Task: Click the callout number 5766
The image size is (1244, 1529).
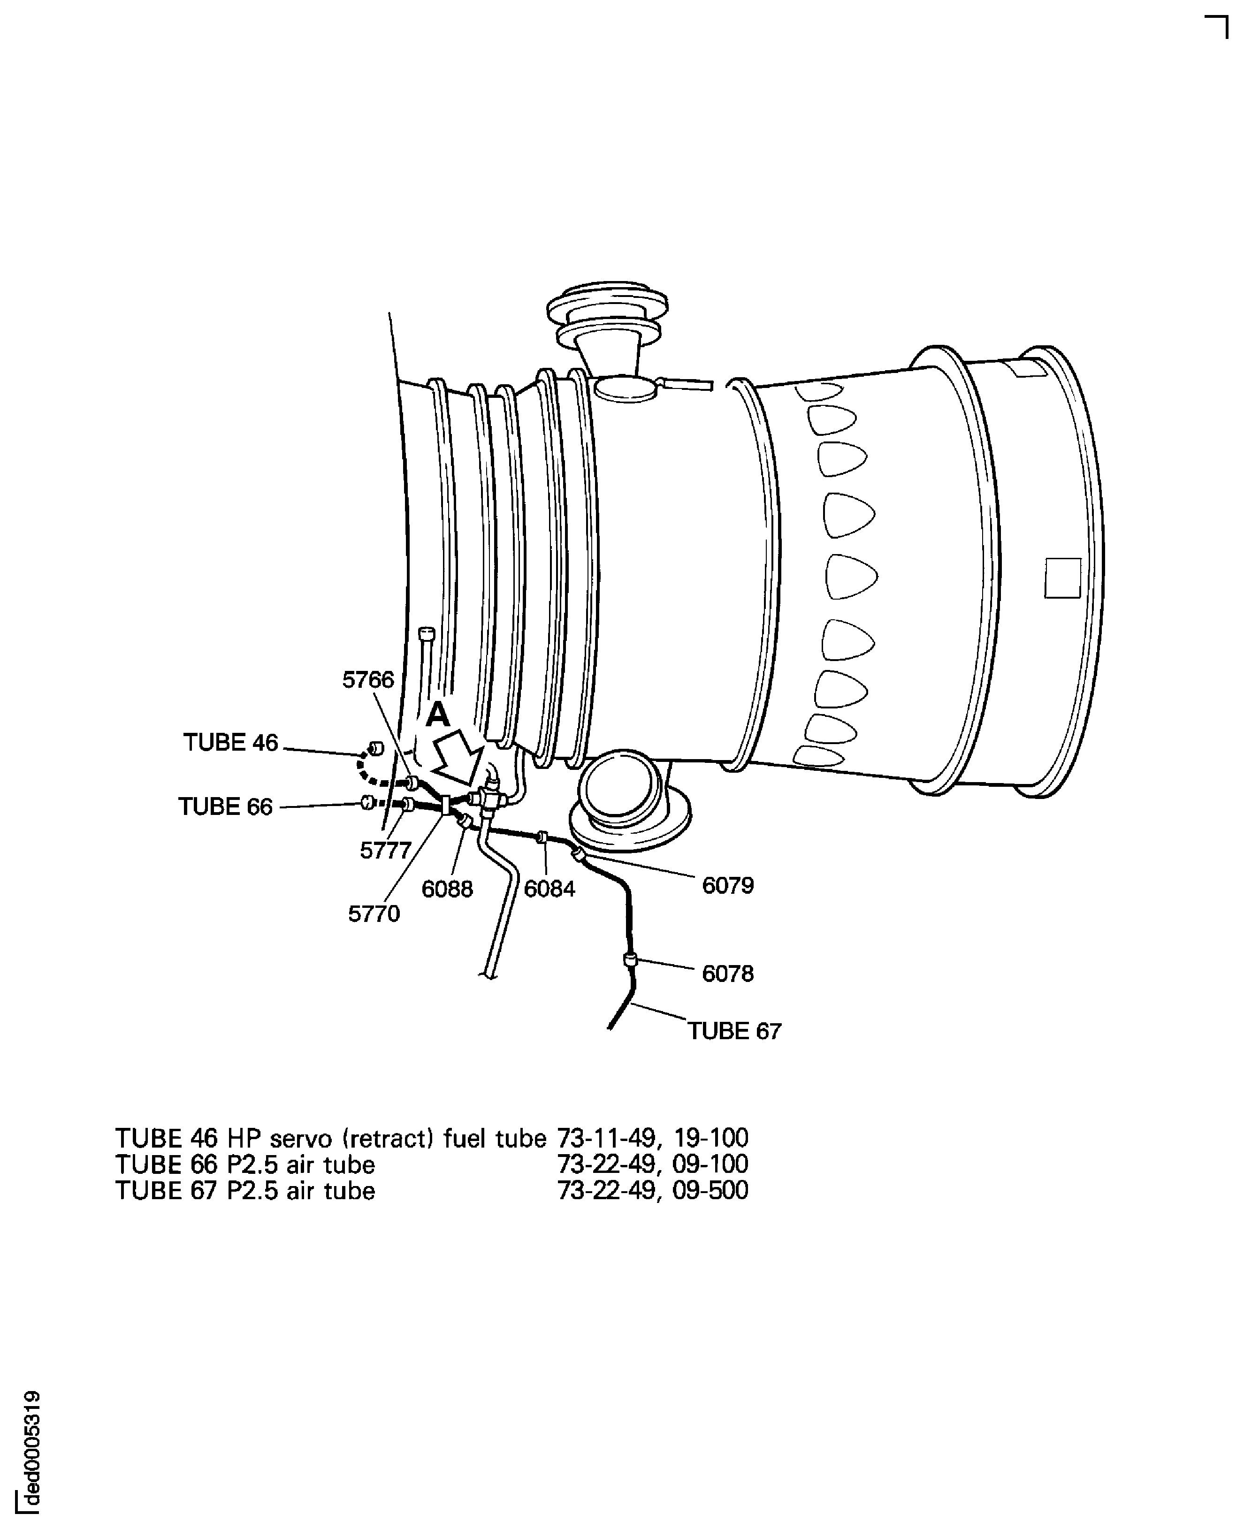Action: pos(368,679)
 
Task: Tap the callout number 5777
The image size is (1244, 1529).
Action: pos(386,851)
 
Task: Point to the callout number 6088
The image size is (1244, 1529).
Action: pos(447,889)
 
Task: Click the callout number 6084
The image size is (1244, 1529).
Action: pos(549,889)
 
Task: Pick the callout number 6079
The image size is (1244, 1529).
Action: pos(728,886)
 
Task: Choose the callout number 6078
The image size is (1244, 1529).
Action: pos(728,974)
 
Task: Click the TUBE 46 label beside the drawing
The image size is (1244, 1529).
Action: pos(231,742)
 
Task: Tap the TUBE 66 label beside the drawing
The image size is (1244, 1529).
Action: pos(226,807)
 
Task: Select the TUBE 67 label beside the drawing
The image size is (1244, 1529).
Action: pos(734,1031)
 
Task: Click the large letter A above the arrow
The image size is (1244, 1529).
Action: pos(438,715)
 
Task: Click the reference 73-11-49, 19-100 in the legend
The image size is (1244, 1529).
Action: pos(653,1138)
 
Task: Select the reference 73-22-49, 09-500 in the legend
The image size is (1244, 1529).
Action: pos(653,1191)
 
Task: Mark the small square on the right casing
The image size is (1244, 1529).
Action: pos(1063,578)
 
